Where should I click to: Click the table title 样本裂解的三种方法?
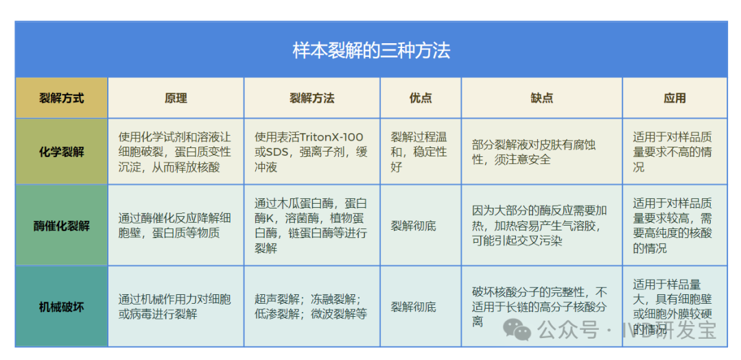point(371,51)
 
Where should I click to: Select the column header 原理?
point(176,98)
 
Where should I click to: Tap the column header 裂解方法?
point(312,98)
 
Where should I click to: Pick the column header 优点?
point(421,98)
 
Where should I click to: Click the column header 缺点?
point(542,98)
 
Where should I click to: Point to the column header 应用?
point(675,98)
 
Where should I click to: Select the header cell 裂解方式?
point(62,98)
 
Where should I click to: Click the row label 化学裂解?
point(62,152)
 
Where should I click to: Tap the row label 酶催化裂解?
point(62,226)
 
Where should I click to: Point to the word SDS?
point(277,152)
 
